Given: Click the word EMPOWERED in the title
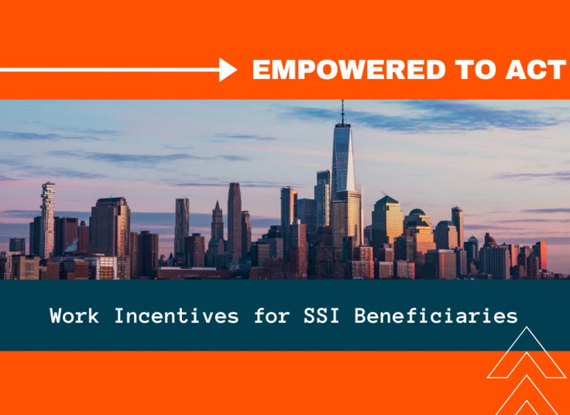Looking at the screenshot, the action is point(349,70).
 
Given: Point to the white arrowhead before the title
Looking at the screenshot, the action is point(228,70).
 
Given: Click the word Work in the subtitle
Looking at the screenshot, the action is point(74,315).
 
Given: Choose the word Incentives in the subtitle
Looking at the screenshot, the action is point(177,315).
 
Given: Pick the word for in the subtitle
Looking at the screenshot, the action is point(271,315).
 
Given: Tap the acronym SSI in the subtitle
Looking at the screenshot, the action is point(321,315).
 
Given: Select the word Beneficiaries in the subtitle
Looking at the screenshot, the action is point(436,315).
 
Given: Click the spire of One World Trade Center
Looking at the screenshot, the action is point(342,112).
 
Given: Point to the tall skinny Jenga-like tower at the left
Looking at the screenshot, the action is point(47,220).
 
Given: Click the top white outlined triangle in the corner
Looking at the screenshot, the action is point(527,352).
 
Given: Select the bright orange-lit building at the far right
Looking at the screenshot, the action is point(540,255).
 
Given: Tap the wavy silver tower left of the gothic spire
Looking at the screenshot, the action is point(181,226).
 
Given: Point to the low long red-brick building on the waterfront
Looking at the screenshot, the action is point(193,273).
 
